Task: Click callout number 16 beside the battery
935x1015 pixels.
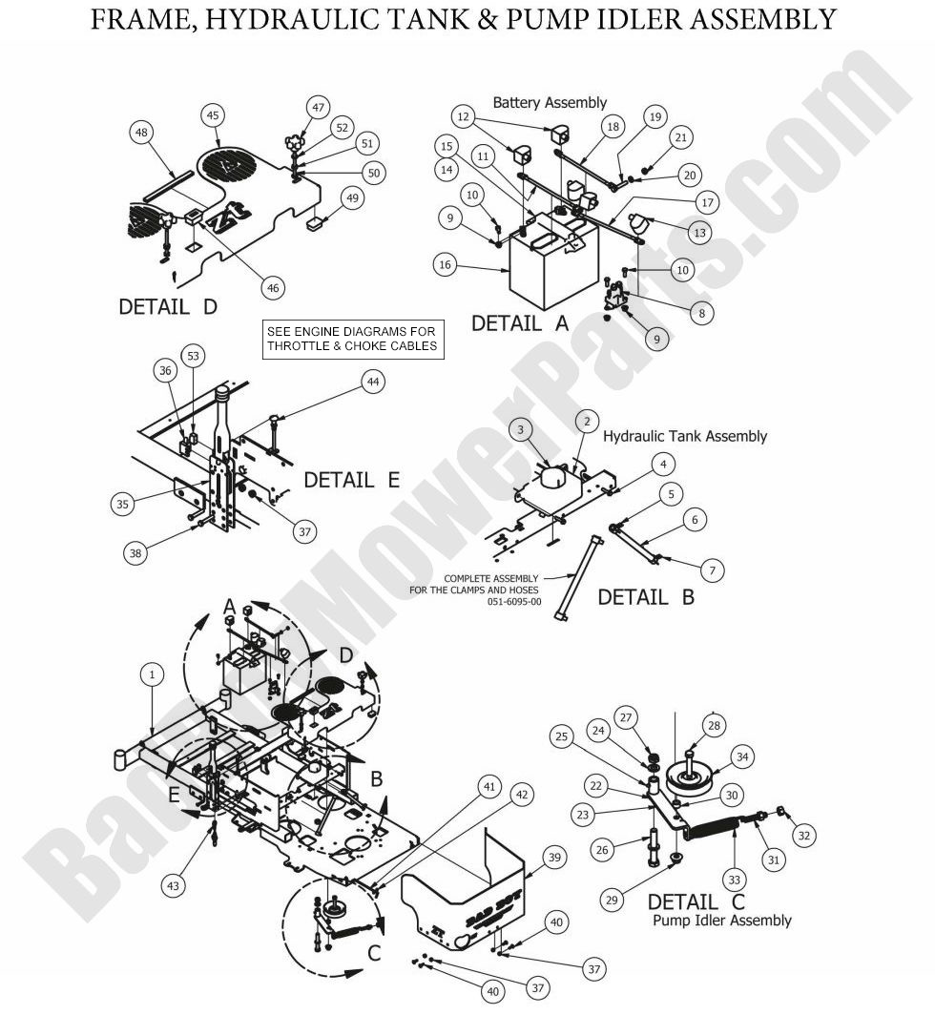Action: pyautogui.click(x=445, y=266)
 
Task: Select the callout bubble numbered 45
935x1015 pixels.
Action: pyautogui.click(x=213, y=114)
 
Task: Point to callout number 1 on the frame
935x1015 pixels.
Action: pyautogui.click(x=151, y=674)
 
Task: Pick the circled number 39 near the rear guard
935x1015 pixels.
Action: pyautogui.click(x=553, y=857)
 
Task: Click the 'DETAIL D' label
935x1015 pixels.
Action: pyautogui.click(x=168, y=307)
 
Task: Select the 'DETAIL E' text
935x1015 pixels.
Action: pyautogui.click(x=351, y=480)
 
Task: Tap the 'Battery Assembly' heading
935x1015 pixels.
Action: pyautogui.click(x=549, y=102)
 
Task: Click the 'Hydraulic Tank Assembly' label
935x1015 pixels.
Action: pyautogui.click(x=685, y=436)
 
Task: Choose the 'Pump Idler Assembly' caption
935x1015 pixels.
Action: pyautogui.click(x=721, y=921)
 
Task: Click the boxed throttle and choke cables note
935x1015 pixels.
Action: pyautogui.click(x=352, y=339)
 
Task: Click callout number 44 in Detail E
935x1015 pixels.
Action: pyautogui.click(x=373, y=382)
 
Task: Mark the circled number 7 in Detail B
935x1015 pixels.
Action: pyautogui.click(x=711, y=570)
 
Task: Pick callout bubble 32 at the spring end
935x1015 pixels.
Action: pyautogui.click(x=803, y=836)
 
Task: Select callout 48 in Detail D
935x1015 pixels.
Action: pyautogui.click(x=142, y=134)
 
